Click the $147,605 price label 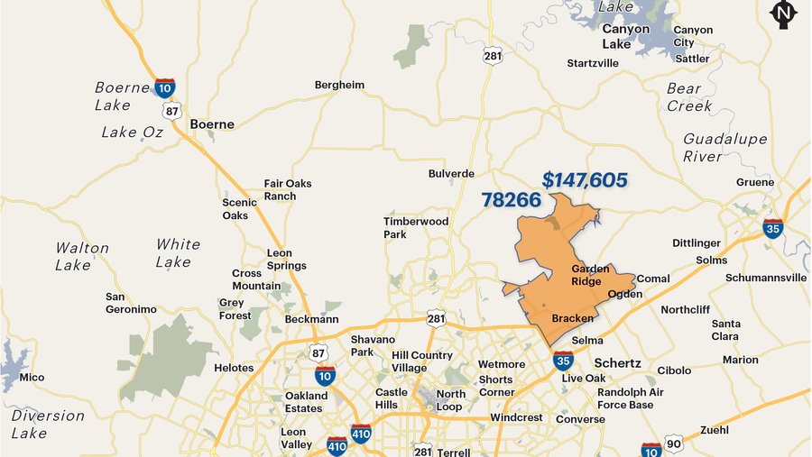[585, 180]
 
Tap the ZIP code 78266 [511, 200]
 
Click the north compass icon [782, 14]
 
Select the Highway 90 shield [673, 443]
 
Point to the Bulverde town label [451, 173]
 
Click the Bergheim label [339, 85]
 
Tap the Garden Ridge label [590, 275]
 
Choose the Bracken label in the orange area [572, 318]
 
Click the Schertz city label [617, 362]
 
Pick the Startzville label [593, 63]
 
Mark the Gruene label [754, 182]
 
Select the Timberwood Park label [415, 228]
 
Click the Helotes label [234, 368]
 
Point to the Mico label [32, 377]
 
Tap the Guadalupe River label [724, 148]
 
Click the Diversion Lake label [48, 425]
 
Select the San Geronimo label [131, 303]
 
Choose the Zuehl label [714, 429]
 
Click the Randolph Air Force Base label [630, 398]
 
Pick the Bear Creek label [688, 97]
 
